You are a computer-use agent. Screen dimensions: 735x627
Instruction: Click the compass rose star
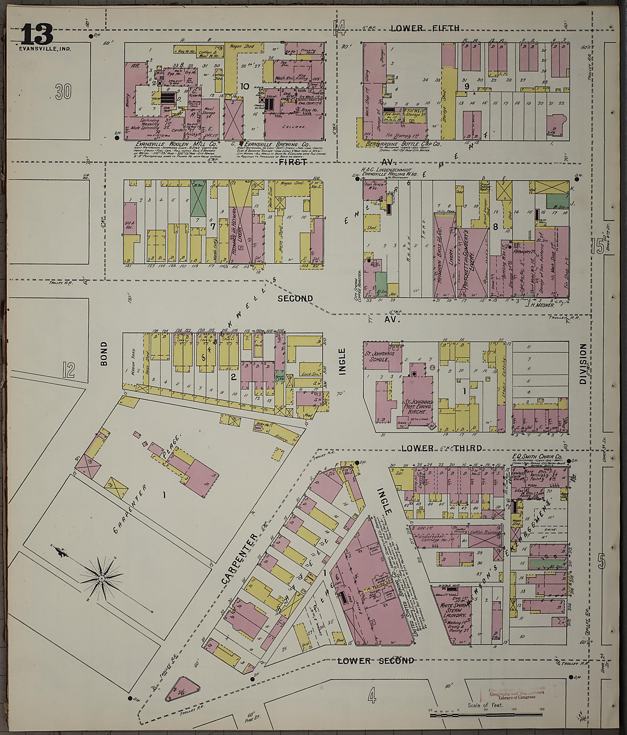click(102, 579)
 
